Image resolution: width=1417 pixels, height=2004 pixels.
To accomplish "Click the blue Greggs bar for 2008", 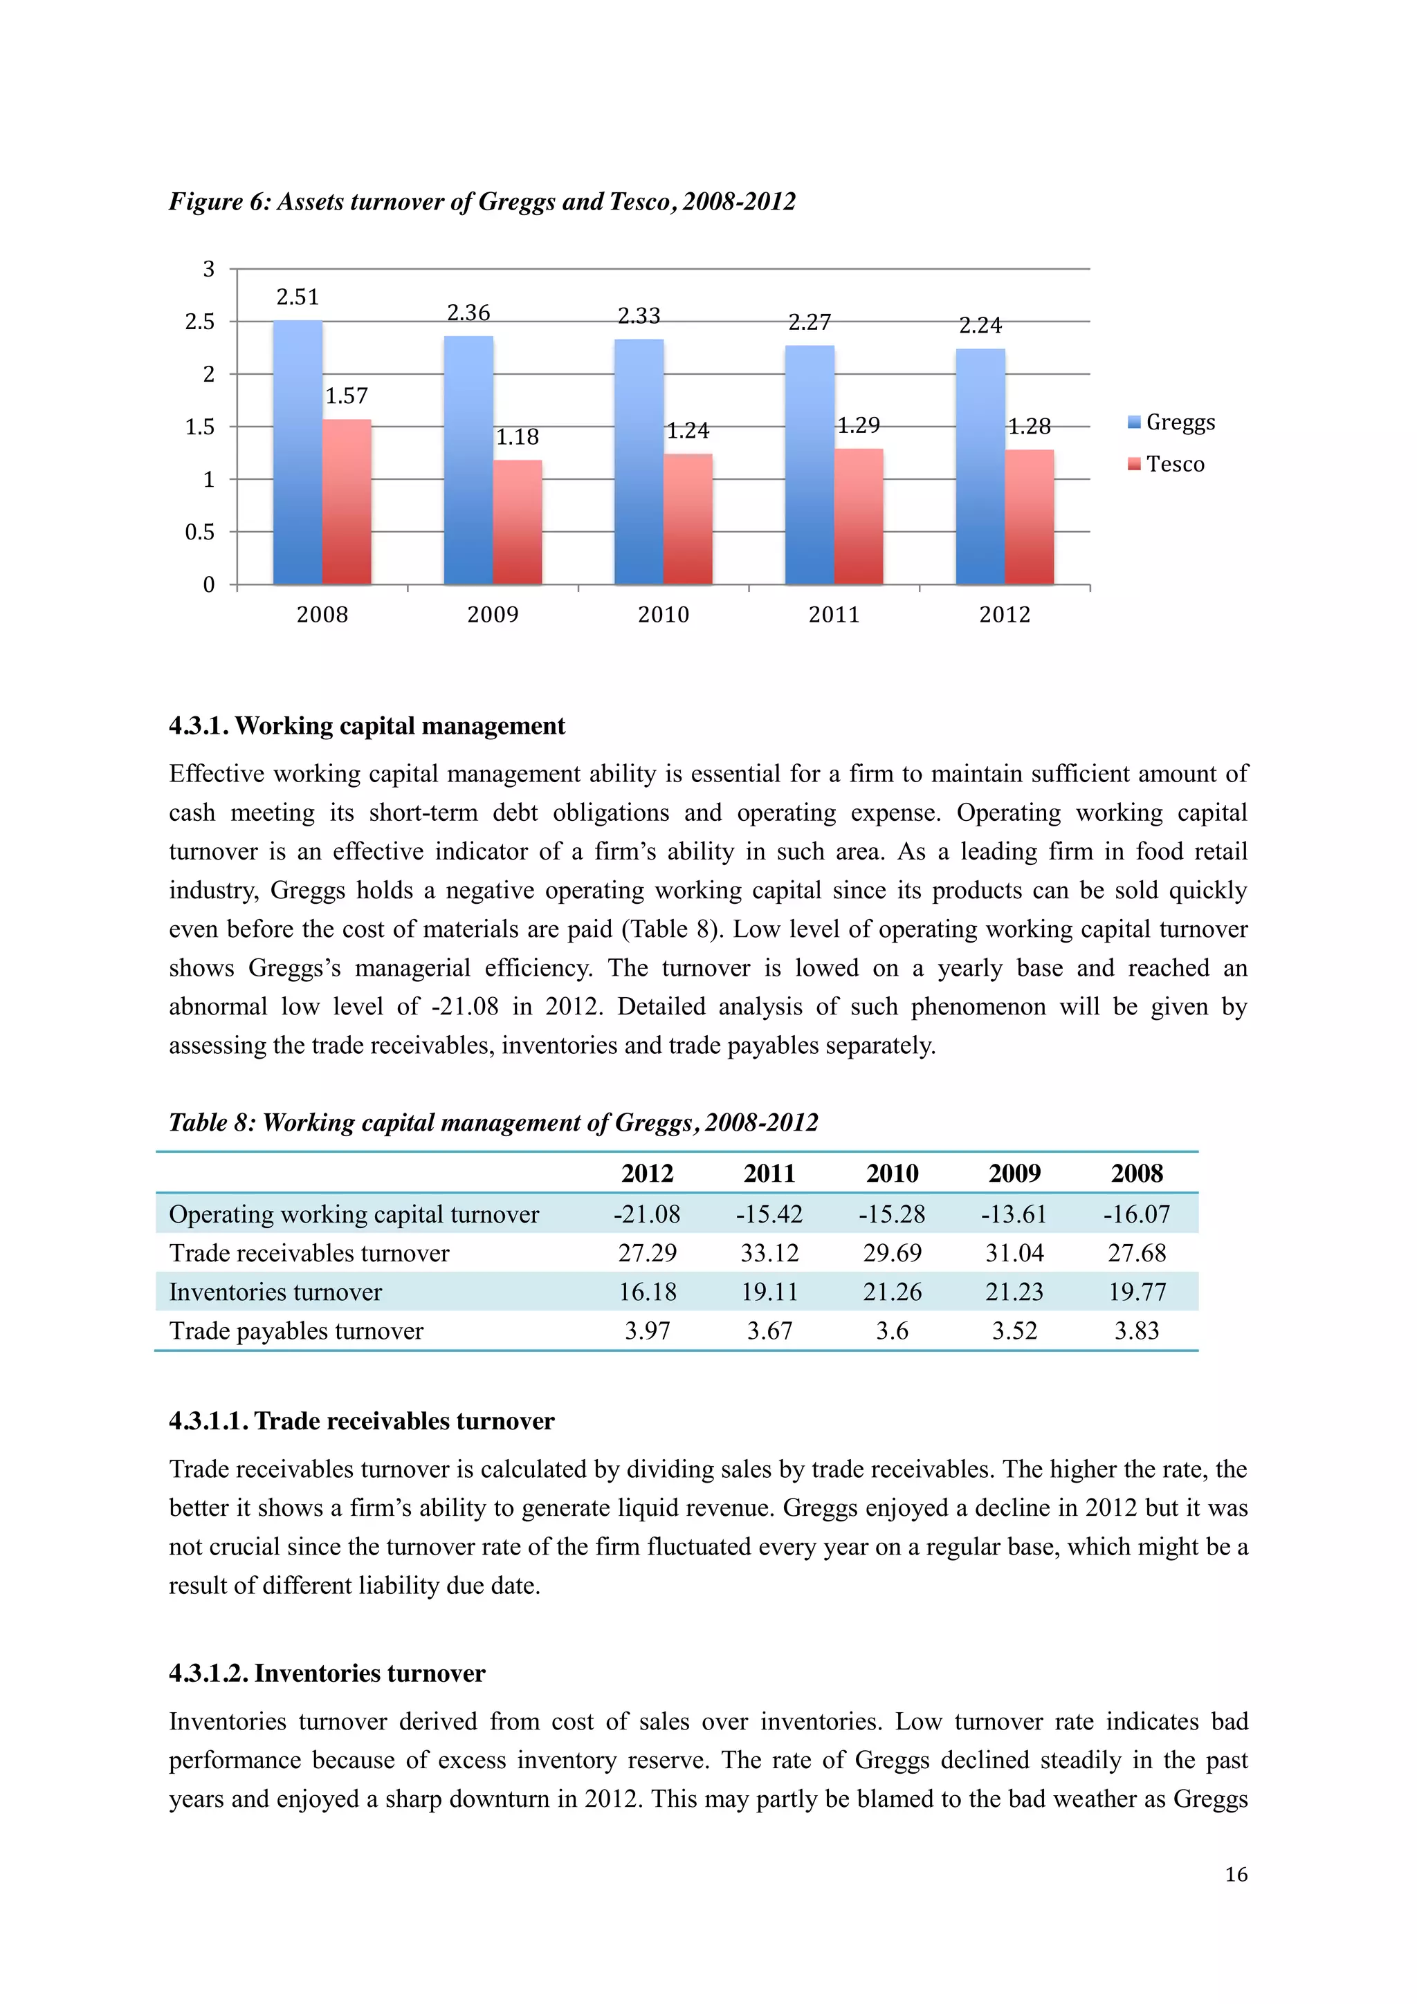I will tap(297, 454).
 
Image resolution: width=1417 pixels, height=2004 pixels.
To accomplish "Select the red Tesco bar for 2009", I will tap(517, 523).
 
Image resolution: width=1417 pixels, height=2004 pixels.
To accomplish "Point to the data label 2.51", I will tap(298, 297).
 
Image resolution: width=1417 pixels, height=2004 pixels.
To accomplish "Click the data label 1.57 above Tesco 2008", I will tap(347, 397).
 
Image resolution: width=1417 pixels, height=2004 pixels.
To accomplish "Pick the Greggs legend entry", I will tap(1171, 423).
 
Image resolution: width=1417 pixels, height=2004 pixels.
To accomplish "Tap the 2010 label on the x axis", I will tap(664, 615).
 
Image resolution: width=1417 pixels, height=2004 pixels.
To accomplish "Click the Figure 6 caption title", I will tap(482, 202).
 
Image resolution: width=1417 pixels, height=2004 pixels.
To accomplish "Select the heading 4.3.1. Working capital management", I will tap(367, 726).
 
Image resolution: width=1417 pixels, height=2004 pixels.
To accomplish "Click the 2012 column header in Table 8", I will tap(647, 1173).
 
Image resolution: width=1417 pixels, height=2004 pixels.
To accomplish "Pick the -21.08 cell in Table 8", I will tap(647, 1214).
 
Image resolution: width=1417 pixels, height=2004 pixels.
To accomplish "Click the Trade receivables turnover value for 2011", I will tap(769, 1254).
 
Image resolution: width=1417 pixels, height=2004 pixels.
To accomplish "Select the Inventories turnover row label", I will tap(275, 1292).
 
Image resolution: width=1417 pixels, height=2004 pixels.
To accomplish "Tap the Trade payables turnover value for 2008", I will tap(1136, 1331).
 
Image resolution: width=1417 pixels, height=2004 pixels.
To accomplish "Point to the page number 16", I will tap(1236, 1875).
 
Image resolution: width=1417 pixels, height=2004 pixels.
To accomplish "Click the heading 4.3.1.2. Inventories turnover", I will tap(327, 1674).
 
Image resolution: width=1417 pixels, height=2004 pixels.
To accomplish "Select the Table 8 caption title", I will tap(493, 1122).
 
